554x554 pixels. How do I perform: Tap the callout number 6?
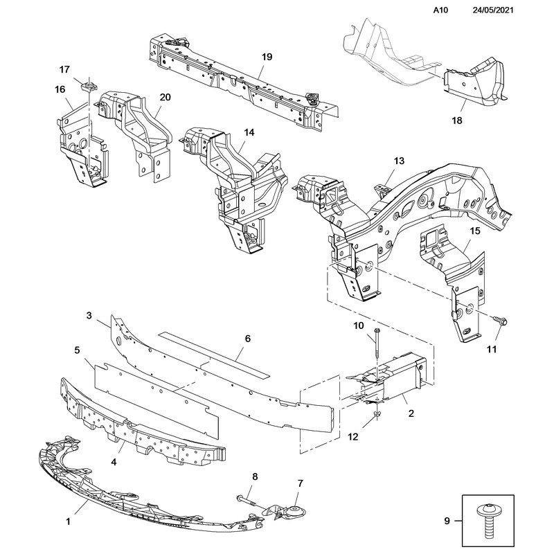[247, 339]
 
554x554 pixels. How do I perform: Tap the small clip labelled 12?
[375, 413]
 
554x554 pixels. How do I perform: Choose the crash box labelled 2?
[391, 377]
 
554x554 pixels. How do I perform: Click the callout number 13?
[398, 161]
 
